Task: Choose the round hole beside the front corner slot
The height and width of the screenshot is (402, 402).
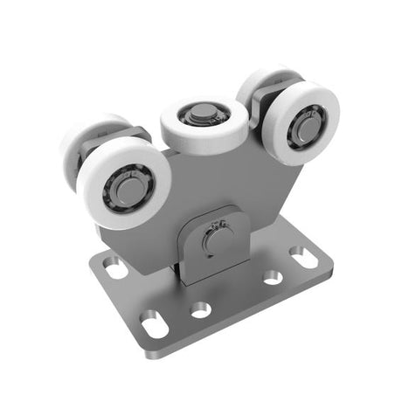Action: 202,309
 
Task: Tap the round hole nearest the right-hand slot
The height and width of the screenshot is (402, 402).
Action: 272,276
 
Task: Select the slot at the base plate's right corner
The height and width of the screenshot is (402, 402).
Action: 303,258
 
